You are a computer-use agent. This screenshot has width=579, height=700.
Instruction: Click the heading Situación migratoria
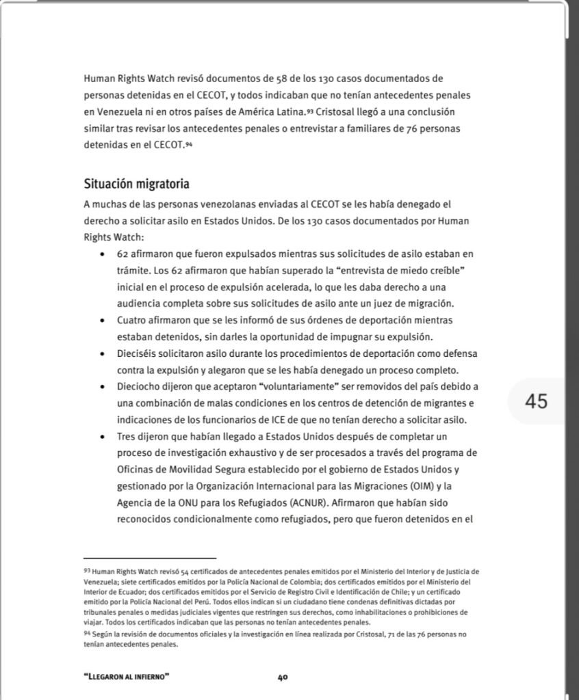pos(136,184)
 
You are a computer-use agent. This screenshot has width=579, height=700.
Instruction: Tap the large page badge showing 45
pos(537,401)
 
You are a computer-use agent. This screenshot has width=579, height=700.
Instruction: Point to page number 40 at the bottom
pos(282,677)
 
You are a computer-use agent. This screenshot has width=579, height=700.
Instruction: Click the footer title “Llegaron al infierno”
pos(127,677)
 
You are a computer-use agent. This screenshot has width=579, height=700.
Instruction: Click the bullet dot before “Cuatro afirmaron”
pos(101,320)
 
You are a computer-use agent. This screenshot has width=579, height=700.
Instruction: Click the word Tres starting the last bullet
pos(127,435)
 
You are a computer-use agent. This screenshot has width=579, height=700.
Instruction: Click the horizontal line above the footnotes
pos(149,558)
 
